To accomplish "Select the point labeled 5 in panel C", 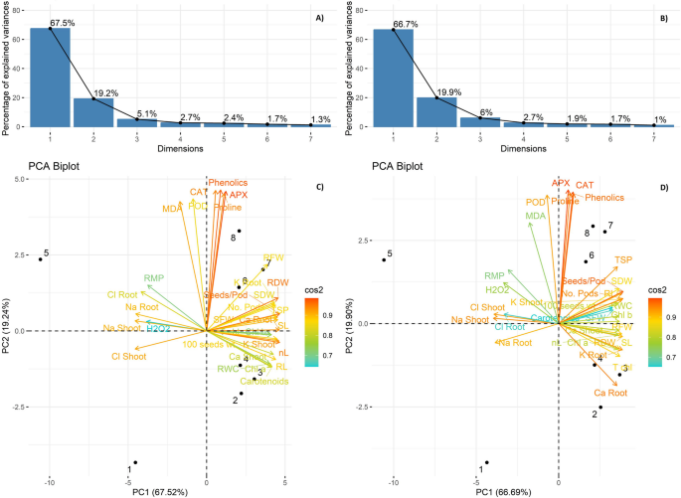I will click(40, 259).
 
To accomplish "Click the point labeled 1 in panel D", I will click(485, 463).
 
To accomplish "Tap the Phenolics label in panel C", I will click(228, 183).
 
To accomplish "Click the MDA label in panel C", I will click(173, 209).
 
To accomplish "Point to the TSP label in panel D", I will click(623, 259).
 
